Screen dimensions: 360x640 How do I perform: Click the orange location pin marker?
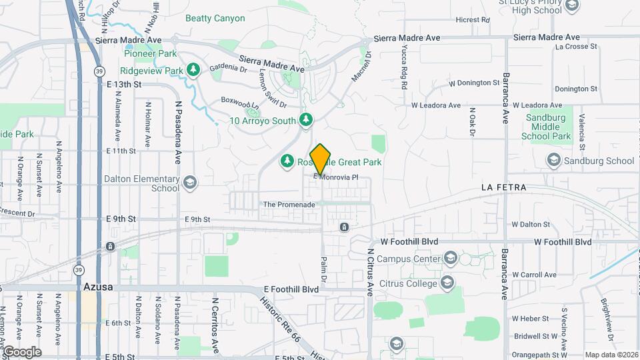pyautogui.click(x=321, y=159)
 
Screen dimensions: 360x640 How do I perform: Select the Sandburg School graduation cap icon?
pyautogui.click(x=553, y=160)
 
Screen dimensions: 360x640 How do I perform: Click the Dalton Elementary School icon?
pyautogui.click(x=190, y=183)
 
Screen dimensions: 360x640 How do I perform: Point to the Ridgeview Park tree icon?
pyautogui.click(x=193, y=70)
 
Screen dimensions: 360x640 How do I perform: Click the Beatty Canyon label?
pyautogui.click(x=215, y=19)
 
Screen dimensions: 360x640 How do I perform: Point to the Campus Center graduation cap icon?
pyautogui.click(x=451, y=259)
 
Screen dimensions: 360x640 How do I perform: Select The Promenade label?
pyautogui.click(x=289, y=205)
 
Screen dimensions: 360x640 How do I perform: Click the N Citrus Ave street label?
pyautogui.click(x=369, y=273)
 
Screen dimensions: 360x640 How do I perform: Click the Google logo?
pyautogui.click(x=22, y=352)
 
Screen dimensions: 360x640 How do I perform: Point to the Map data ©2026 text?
pyautogui.click(x=611, y=355)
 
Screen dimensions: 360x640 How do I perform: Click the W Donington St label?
pyautogui.click(x=474, y=83)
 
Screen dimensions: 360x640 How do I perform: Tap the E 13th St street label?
pyautogui.click(x=124, y=85)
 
